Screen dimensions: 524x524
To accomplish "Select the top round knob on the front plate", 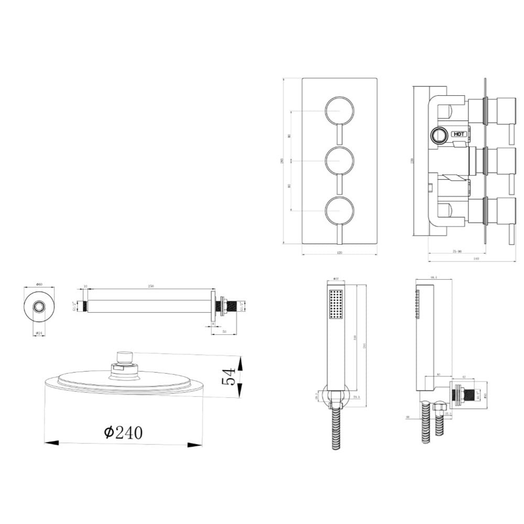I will click(x=340, y=111).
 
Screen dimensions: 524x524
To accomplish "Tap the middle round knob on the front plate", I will click(x=340, y=160).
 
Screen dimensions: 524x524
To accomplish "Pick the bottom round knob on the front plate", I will click(x=340, y=210).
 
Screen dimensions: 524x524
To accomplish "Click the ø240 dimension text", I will click(x=124, y=432).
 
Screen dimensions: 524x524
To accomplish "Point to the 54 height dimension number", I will click(x=229, y=377).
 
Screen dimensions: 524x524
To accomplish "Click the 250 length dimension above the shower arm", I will click(x=151, y=286).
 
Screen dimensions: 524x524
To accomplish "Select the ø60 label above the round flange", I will click(x=39, y=285).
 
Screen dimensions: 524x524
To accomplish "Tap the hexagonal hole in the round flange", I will click(x=39, y=307).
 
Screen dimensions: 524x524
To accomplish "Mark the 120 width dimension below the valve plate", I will click(x=339, y=253).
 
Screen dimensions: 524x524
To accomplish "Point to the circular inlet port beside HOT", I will click(x=439, y=135).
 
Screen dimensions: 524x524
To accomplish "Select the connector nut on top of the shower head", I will click(x=125, y=359).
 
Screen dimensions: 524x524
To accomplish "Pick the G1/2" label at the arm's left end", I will click(x=74, y=305).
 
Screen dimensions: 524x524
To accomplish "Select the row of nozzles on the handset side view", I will click(x=419, y=303).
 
